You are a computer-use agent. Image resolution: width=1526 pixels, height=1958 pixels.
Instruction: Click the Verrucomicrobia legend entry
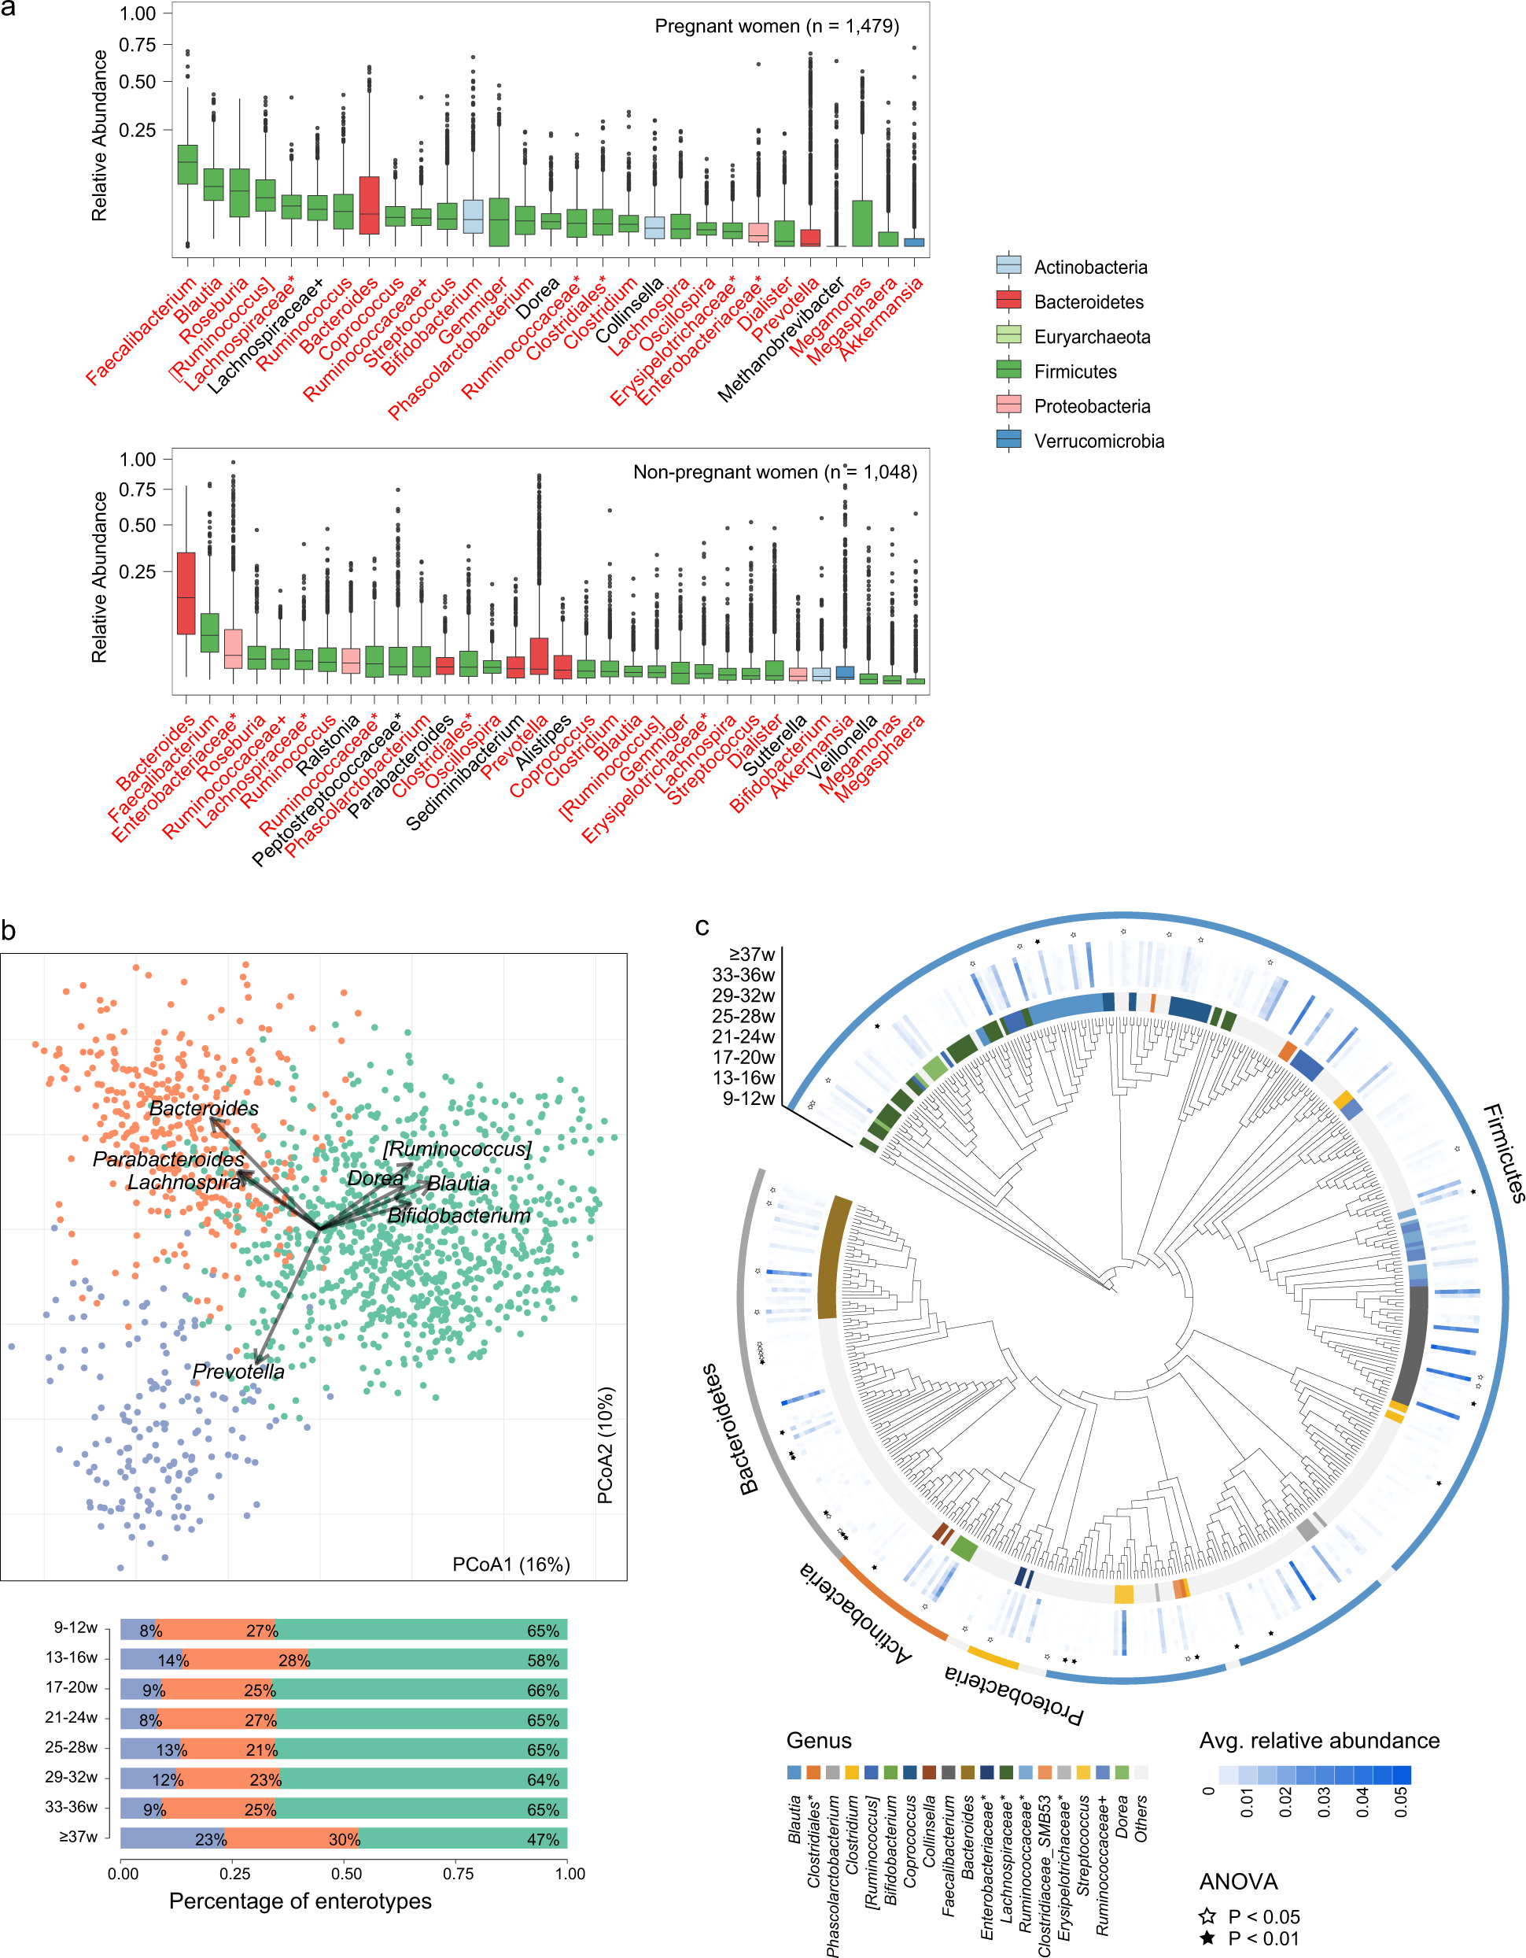click(1099, 441)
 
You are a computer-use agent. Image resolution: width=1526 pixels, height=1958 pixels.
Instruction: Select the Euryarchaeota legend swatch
click(1009, 336)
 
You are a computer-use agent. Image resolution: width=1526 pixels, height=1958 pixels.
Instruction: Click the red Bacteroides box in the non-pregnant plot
click(186, 593)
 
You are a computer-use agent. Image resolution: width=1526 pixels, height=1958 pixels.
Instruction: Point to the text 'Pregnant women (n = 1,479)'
click(776, 26)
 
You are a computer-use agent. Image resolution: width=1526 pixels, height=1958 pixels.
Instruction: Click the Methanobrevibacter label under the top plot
click(782, 339)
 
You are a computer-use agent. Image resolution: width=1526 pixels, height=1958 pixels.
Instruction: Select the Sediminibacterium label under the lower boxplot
click(464, 772)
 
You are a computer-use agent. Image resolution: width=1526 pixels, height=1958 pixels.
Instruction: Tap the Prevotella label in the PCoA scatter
click(238, 1372)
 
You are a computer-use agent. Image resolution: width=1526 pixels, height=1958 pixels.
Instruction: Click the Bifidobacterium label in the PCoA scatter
click(459, 1216)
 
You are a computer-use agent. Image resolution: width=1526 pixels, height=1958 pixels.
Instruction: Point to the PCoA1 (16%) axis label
click(511, 1565)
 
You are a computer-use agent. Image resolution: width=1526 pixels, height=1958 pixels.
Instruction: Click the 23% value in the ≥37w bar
click(211, 1840)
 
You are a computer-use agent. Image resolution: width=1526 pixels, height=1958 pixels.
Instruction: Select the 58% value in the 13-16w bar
click(543, 1661)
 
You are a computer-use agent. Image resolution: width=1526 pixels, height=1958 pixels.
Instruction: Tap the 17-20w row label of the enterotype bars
click(72, 1687)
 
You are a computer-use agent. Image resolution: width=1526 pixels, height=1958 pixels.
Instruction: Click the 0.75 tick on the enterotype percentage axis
click(458, 1874)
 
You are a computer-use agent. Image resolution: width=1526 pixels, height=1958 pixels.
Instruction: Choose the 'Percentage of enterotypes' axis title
click(300, 1901)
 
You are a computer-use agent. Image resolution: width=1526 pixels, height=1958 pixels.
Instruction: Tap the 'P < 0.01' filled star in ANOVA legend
click(1208, 1938)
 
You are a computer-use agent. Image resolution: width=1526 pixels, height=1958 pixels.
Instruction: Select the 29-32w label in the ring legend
click(743, 996)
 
